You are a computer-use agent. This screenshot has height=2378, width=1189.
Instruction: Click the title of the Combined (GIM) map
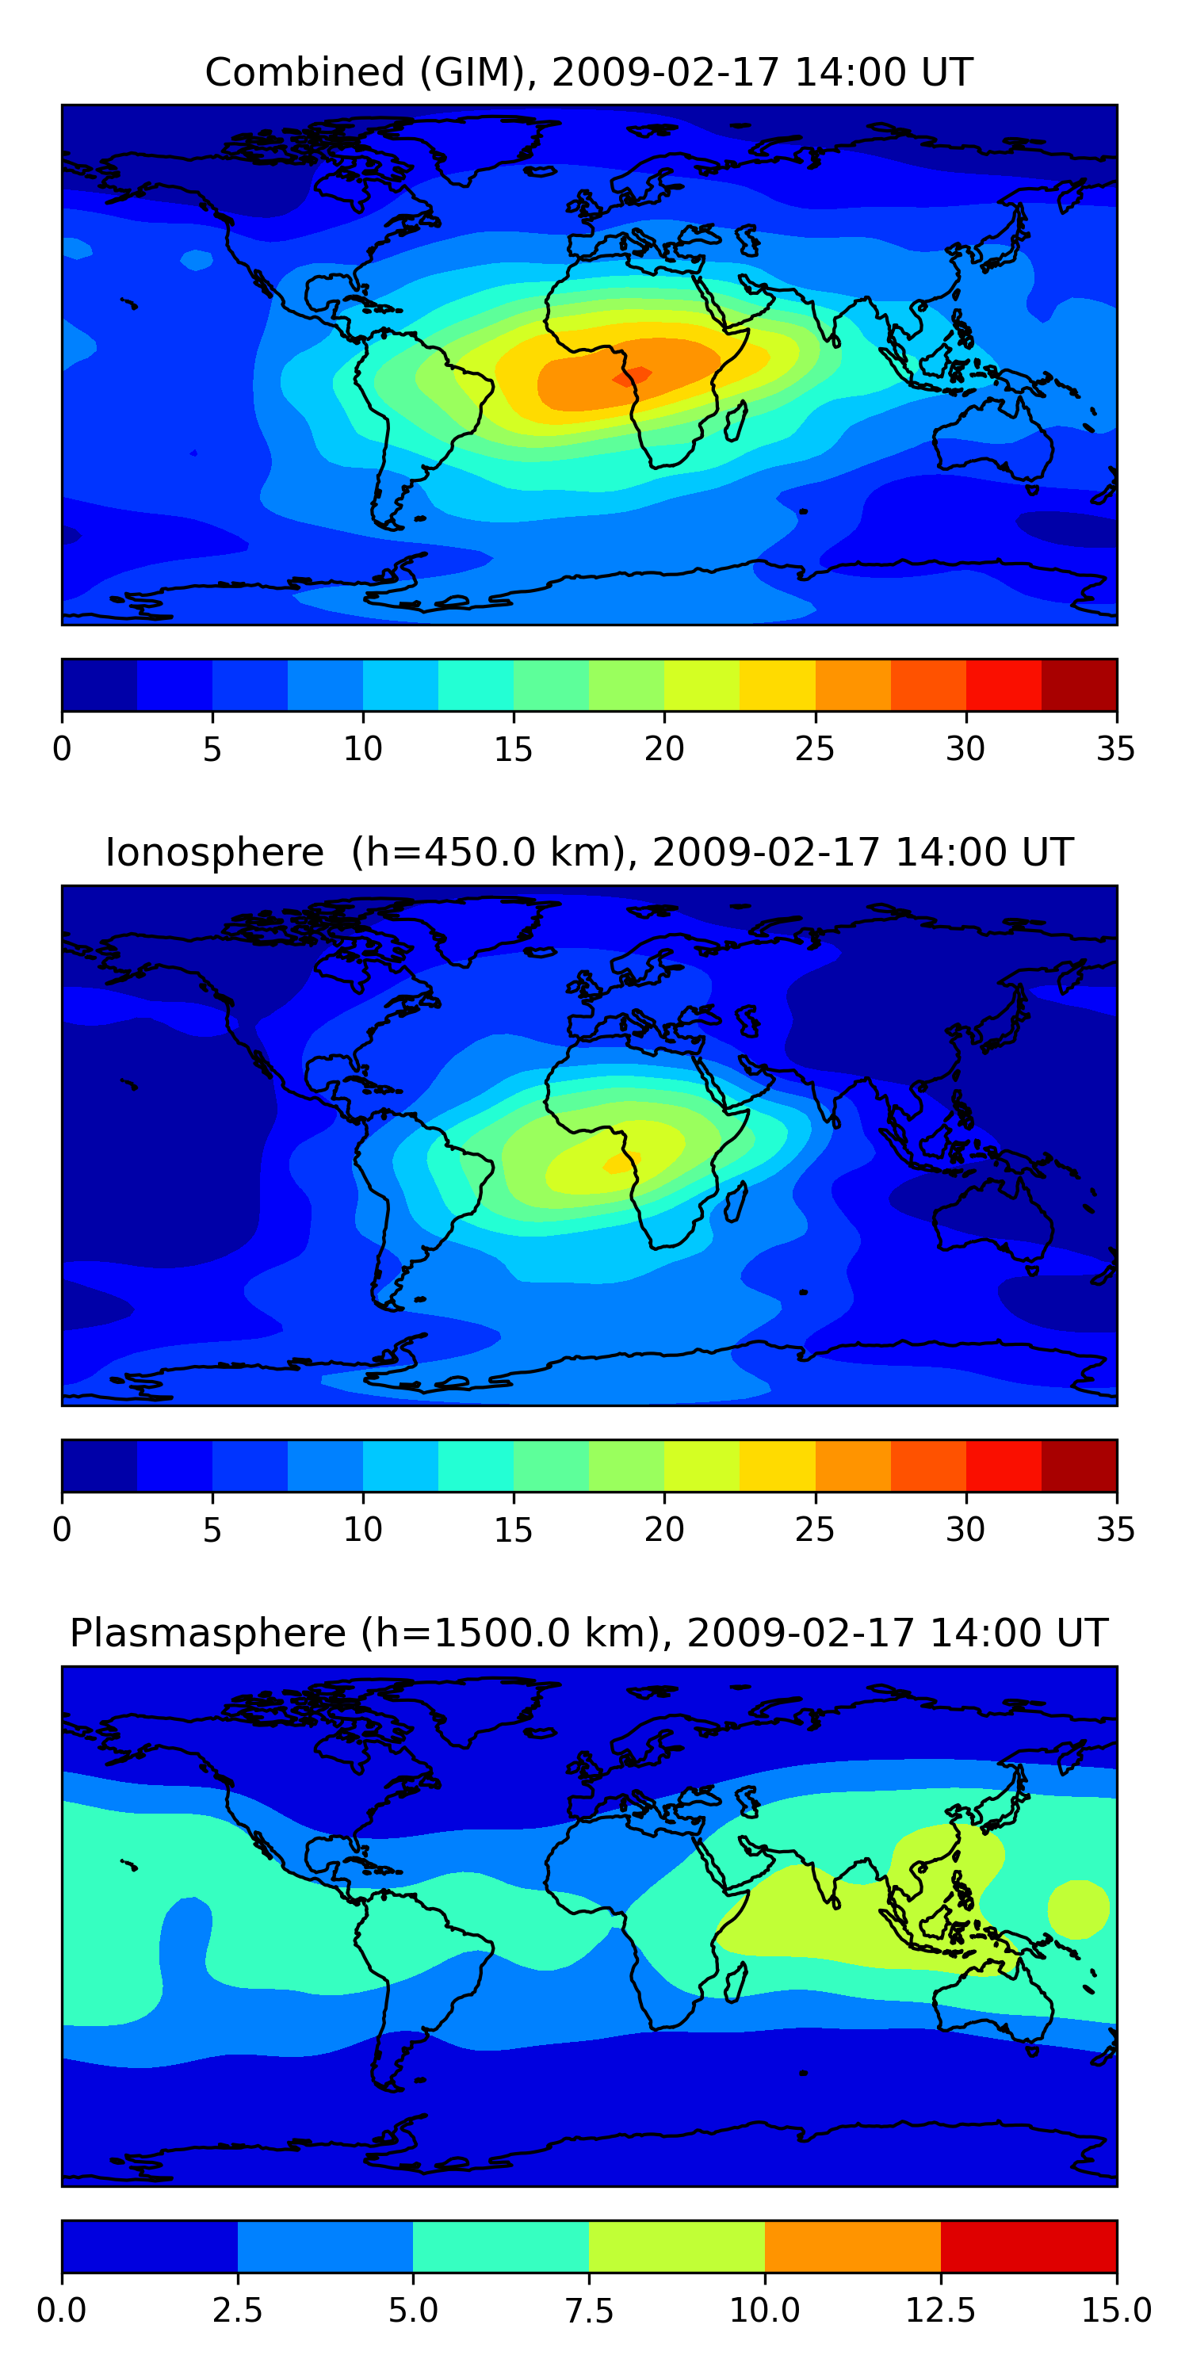[x=589, y=72]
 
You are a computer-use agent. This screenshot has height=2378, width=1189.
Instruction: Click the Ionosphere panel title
[x=589, y=852]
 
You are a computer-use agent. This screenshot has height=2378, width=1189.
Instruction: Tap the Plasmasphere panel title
[x=589, y=1633]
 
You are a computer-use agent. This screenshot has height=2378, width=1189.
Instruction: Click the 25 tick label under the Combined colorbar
[x=814, y=748]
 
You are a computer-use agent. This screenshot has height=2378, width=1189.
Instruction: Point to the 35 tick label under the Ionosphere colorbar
[x=1115, y=1530]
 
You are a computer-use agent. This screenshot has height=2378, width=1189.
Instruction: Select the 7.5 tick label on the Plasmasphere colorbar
[x=589, y=2311]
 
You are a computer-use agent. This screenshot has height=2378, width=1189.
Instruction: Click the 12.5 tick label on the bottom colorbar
[x=940, y=2311]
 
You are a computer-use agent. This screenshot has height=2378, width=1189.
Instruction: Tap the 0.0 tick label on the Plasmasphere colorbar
[x=62, y=2311]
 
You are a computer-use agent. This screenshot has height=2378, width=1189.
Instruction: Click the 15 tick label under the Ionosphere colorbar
[x=514, y=1530]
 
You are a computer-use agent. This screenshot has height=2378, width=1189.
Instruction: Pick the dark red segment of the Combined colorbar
[x=1078, y=685]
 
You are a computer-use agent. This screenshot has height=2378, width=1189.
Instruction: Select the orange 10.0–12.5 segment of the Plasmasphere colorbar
[x=852, y=2246]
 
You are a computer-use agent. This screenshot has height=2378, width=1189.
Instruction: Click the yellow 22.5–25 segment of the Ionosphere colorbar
[x=778, y=1465]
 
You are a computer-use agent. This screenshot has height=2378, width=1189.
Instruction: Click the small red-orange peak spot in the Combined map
[x=633, y=375]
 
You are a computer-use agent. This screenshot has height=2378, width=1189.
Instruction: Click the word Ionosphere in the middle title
[x=214, y=852]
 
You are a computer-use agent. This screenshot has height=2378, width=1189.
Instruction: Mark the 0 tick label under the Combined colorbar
[x=62, y=748]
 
